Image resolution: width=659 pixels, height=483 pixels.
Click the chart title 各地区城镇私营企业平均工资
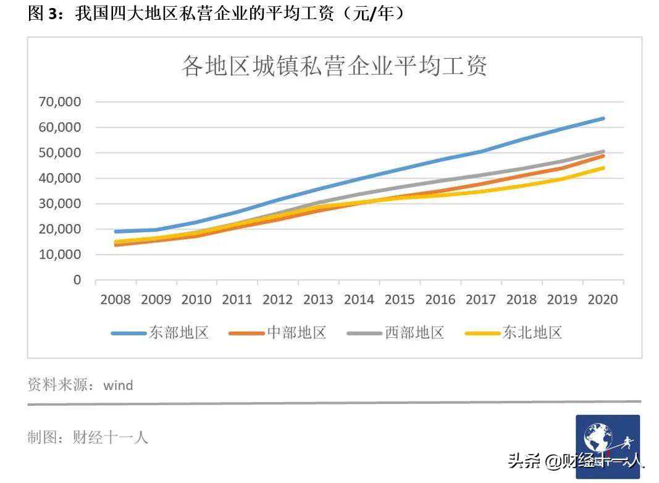[x=334, y=66]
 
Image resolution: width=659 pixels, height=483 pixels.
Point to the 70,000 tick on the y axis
[x=60, y=102]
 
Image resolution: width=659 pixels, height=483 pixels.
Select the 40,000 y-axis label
[x=60, y=178]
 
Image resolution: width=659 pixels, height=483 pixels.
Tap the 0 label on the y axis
[x=77, y=280]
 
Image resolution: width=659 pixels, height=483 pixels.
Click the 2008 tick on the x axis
[x=115, y=300]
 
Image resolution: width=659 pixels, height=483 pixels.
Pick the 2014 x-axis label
[x=359, y=300]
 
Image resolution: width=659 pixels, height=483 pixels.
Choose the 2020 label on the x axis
[x=603, y=300]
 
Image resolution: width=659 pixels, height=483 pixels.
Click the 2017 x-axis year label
[x=481, y=300]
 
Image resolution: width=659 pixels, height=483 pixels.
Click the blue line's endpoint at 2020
[x=603, y=119]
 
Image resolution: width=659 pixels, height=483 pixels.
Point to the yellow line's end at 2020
[x=603, y=168]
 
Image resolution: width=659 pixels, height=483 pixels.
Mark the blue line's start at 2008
[x=116, y=232]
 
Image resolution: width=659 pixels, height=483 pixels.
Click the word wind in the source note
[x=118, y=385]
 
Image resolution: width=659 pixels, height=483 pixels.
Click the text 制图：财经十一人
[x=88, y=438]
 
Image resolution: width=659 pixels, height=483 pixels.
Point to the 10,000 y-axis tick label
[x=60, y=254]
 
